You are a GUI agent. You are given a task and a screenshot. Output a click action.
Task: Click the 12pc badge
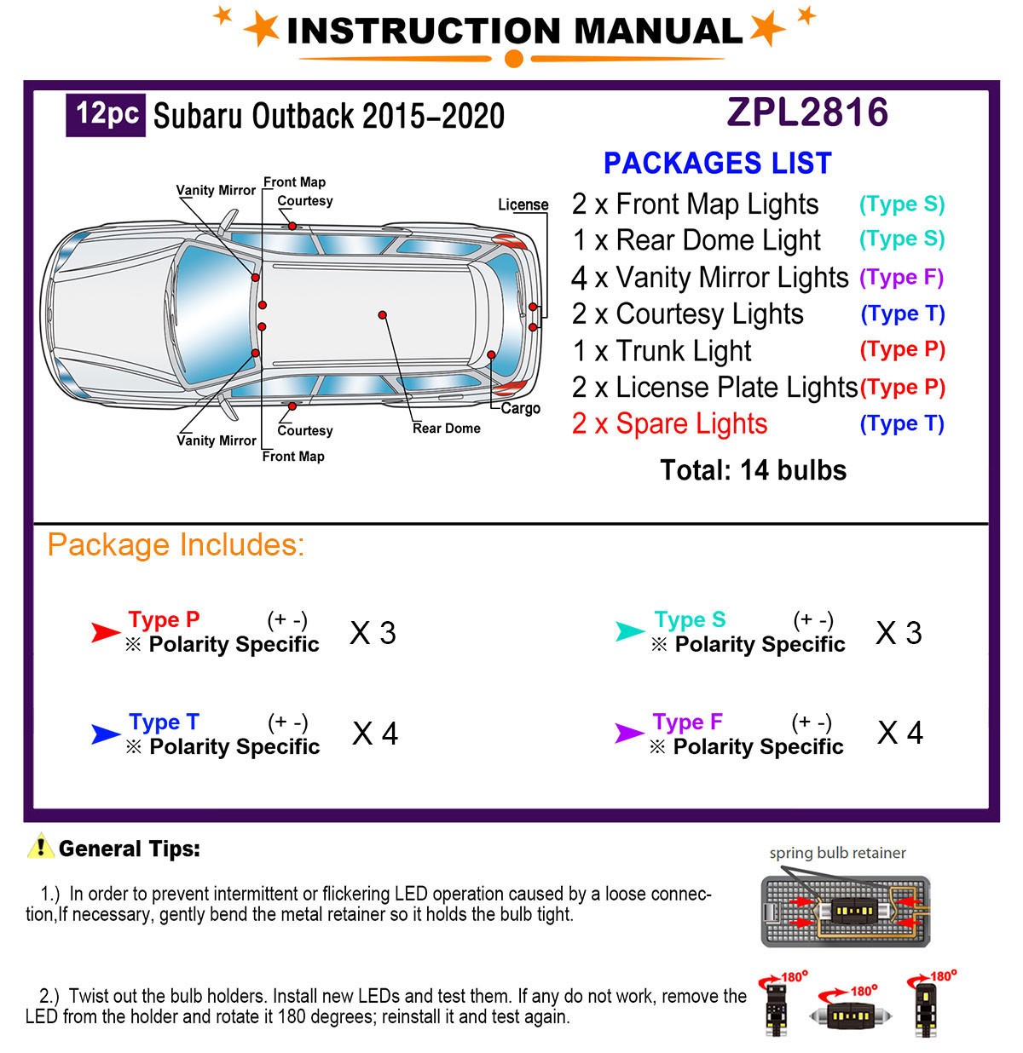(x=107, y=114)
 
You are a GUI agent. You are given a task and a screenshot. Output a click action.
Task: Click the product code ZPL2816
(x=807, y=112)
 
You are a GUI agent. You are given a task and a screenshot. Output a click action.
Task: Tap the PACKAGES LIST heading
(x=717, y=163)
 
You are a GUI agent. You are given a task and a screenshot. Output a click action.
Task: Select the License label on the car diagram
(x=523, y=204)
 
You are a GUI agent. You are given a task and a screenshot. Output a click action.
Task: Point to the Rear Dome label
(x=446, y=428)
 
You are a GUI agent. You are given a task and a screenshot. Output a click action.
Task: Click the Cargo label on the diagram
(x=520, y=408)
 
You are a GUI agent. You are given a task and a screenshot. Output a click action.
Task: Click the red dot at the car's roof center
(x=383, y=315)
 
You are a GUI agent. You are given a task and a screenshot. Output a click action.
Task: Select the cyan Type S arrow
(x=630, y=631)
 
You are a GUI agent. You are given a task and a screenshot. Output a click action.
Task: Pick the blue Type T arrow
(x=106, y=734)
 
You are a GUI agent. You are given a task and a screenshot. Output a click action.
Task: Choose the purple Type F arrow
(x=629, y=733)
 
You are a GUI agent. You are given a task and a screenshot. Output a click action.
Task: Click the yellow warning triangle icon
(x=40, y=846)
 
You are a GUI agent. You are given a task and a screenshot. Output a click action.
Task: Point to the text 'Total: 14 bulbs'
(x=753, y=470)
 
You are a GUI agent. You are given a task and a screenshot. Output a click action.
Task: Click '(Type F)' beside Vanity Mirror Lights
(x=901, y=277)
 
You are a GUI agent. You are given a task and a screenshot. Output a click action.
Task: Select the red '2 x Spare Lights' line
(x=669, y=423)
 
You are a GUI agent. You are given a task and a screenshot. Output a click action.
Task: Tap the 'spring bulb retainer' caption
(x=837, y=853)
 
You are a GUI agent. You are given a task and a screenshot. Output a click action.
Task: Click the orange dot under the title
(x=513, y=59)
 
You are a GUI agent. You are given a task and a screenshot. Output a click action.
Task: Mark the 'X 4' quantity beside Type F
(x=900, y=733)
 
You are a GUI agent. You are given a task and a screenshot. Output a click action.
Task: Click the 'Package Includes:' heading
(x=176, y=544)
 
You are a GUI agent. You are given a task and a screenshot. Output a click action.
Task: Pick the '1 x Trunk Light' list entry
(x=662, y=350)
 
